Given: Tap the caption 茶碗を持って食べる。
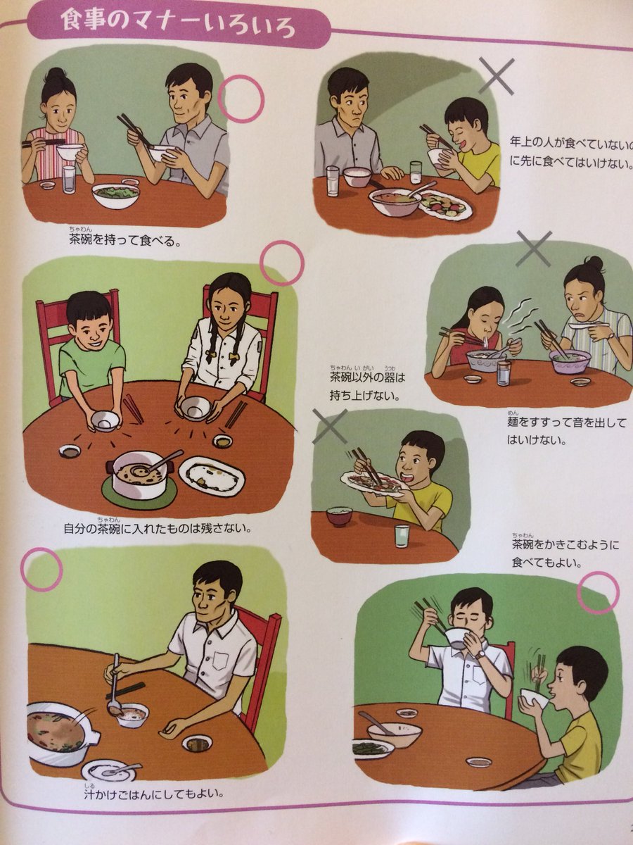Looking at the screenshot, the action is point(124,239).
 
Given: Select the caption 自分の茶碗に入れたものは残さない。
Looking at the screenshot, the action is point(158,528).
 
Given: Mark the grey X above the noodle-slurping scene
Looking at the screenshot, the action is point(533,249).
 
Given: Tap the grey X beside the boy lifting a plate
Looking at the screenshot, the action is point(330,427).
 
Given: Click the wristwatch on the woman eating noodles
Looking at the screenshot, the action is point(610,336).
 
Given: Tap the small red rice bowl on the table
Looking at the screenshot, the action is point(339,517).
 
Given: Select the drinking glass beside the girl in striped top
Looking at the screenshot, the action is point(69,180).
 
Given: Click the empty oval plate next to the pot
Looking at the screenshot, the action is point(212,475).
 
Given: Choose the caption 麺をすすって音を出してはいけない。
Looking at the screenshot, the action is point(566,431).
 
